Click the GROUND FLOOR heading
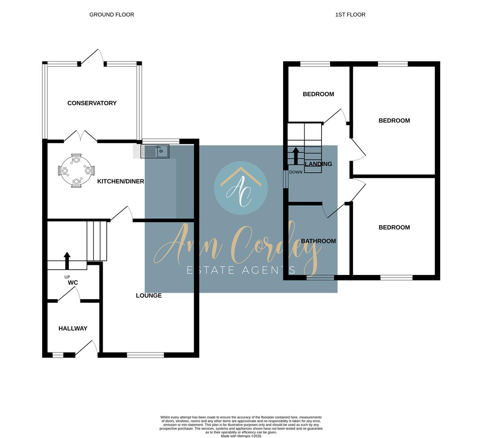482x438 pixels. [112, 15]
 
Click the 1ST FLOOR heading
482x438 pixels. [350, 15]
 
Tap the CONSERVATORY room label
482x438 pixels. [92, 103]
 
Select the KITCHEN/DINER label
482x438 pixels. [121, 181]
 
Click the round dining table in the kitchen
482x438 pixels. [76, 171]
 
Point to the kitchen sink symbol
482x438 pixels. [155, 152]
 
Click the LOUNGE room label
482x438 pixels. [149, 296]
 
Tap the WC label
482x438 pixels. [73, 283]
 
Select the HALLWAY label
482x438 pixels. [73, 328]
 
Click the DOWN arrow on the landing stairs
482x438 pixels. [296, 156]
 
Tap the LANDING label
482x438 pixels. [318, 164]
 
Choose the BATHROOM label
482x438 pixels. [318, 241]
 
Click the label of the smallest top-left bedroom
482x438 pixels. [318, 94]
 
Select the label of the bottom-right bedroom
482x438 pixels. [394, 228]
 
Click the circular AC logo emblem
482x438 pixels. [241, 188]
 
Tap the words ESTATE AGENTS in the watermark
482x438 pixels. [241, 270]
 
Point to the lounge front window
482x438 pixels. [145, 355]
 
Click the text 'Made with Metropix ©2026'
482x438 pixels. [241, 436]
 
